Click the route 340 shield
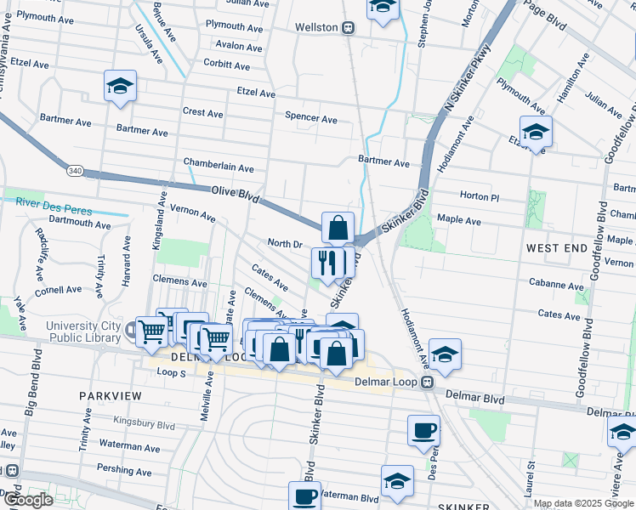76,171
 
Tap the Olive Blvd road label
235,195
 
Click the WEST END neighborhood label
556,248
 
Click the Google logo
28,500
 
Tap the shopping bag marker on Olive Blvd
338,228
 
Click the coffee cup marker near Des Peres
423,430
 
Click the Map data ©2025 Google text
583,503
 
